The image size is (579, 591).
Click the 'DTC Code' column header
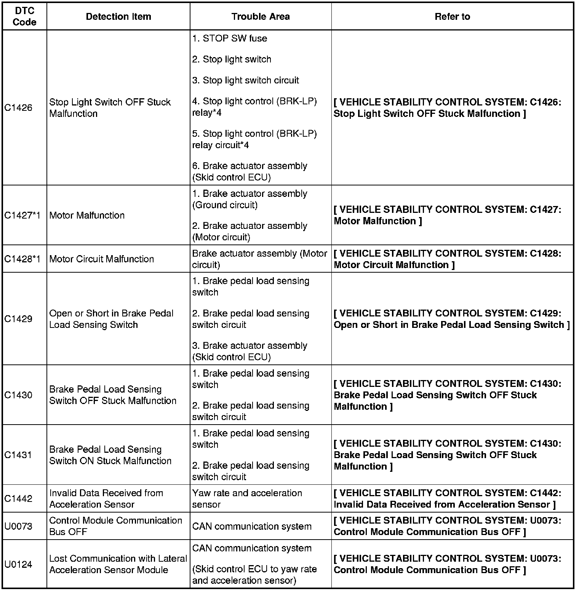tap(24, 17)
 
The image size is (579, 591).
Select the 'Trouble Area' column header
tap(261, 17)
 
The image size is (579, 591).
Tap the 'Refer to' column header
tap(452, 17)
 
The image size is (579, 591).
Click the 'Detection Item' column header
tap(118, 17)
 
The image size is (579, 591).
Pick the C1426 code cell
tap(18, 108)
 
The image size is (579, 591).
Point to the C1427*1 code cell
tap(22, 216)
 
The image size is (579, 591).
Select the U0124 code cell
tap(18, 564)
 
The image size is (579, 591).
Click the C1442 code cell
tap(18, 498)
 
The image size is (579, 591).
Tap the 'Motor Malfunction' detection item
tap(87, 216)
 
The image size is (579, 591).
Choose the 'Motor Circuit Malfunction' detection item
tap(102, 259)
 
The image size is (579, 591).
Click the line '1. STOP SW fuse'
tap(230, 38)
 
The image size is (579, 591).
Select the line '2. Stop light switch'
tap(232, 59)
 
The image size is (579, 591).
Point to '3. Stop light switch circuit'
tap(246, 80)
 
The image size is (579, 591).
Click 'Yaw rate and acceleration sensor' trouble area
tap(247, 498)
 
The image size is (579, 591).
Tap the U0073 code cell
tap(18, 526)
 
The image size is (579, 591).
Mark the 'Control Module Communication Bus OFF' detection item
tap(115, 526)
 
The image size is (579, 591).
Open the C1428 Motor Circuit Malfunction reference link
tap(447, 259)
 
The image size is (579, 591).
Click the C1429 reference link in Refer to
tap(451, 319)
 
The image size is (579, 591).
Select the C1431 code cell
tap(18, 455)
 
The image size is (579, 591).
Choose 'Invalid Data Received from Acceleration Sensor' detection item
tap(106, 498)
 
